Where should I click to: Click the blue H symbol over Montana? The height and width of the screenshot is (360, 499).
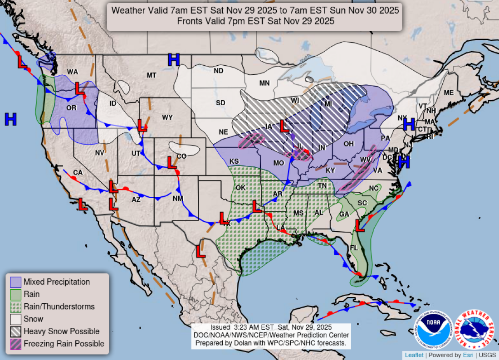click(174, 59)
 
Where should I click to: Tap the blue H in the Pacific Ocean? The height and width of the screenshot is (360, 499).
click(10, 119)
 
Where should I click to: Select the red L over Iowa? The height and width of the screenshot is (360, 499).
click(284, 126)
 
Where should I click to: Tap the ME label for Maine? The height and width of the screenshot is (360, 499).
click(449, 92)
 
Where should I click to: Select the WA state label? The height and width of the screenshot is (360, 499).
click(73, 72)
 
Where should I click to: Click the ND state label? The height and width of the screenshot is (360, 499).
click(219, 71)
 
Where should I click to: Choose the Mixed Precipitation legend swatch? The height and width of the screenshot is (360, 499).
click(16, 282)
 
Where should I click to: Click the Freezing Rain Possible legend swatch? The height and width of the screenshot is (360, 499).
click(16, 344)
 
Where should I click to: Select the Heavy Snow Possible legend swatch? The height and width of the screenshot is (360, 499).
click(16, 331)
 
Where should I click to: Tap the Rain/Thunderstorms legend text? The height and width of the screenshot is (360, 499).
click(59, 306)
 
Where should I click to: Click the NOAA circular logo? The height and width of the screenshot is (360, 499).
click(433, 329)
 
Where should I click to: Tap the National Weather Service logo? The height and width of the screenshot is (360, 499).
click(474, 329)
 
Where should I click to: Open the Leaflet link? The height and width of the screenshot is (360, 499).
click(414, 355)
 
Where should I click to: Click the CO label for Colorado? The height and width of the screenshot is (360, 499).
click(181, 156)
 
